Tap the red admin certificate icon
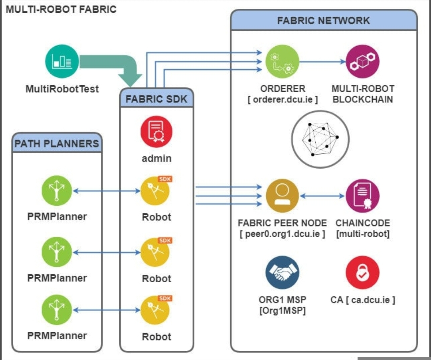[156, 132]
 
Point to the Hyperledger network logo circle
[320, 139]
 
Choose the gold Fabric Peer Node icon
[283, 196]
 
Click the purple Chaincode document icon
[362, 196]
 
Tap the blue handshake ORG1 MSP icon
[283, 273]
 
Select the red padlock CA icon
[362, 273]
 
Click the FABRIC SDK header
[156, 99]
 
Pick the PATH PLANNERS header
[57, 143]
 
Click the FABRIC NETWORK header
[324, 21]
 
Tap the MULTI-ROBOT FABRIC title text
[61, 9]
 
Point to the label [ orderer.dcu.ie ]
[283, 99]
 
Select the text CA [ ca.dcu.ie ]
[363, 299]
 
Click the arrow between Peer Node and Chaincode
[322, 196]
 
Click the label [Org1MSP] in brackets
[283, 310]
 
